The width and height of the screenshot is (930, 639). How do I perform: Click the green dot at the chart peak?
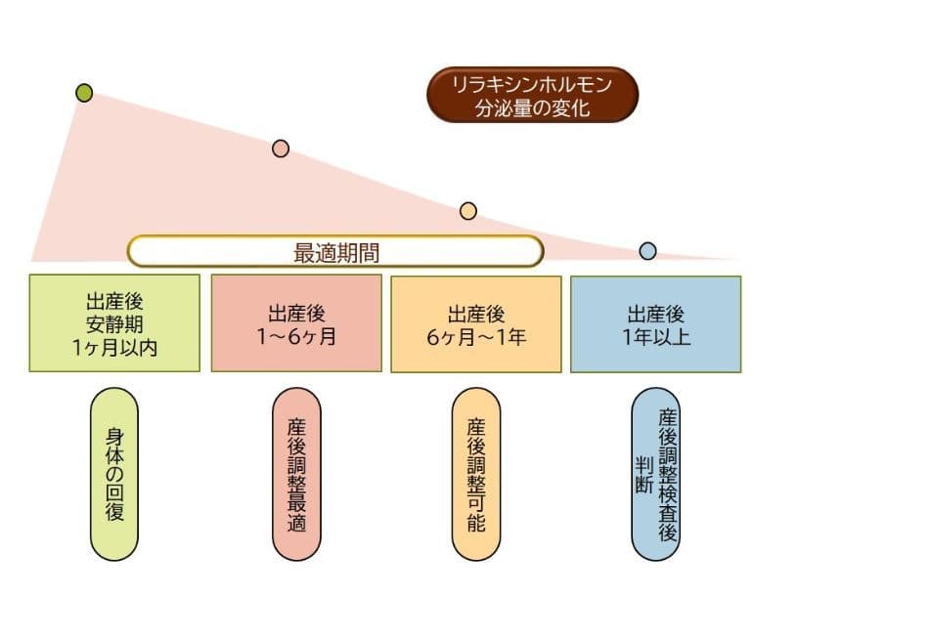coord(84,93)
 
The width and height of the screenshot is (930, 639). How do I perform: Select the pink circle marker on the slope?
coord(281,149)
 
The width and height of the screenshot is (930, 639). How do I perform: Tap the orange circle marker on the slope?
coord(467,211)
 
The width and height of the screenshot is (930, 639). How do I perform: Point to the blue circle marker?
coord(647,251)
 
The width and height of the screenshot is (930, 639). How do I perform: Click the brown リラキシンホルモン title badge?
coord(532,95)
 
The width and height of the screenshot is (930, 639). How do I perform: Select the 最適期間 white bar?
coord(335,251)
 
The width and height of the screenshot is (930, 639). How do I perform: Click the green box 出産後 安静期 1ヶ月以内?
coord(114,322)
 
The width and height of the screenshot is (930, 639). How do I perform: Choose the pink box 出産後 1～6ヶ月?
coord(296,322)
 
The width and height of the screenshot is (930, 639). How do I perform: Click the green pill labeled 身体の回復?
coord(114,474)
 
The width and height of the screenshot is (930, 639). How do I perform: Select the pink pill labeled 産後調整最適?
coord(297,474)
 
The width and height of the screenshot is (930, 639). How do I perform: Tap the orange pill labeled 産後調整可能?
coord(476,474)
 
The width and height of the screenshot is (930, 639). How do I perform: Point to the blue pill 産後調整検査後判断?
coord(655,474)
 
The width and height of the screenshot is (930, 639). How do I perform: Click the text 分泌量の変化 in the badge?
coord(532,106)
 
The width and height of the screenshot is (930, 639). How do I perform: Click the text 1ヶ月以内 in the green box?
coord(114,347)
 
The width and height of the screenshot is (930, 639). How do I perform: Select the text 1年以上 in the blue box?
coord(655,337)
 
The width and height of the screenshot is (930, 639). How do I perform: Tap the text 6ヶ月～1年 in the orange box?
coord(476,337)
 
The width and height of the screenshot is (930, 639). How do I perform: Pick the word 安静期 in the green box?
coord(114,322)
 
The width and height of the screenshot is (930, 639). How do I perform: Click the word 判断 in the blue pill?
coord(642,474)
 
